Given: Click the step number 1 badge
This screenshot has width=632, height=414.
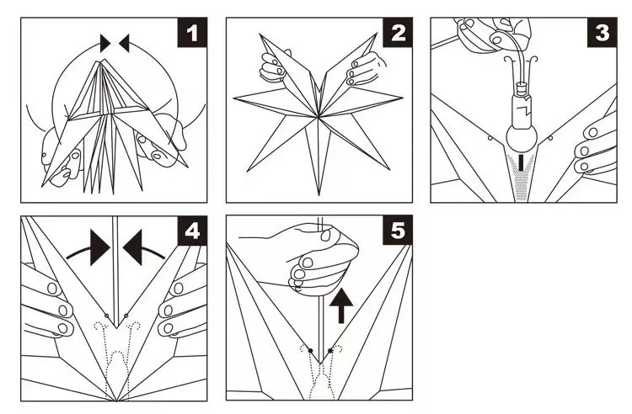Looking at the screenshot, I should pos(194,34).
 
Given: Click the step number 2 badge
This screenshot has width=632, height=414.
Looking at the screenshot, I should pos(399,34).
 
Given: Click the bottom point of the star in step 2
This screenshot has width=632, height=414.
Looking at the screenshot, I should pos(319,194).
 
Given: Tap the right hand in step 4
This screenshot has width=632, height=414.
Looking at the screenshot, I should pos(181,303).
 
